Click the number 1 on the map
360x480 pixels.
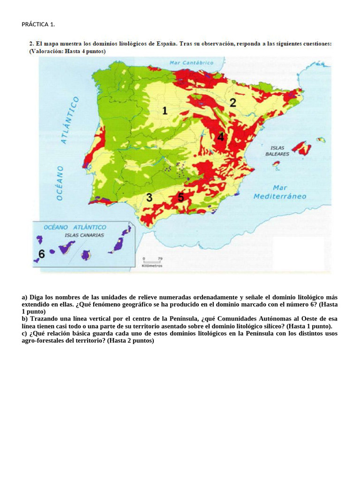pyautogui.click(x=165, y=111)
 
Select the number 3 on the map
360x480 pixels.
pyautogui.click(x=149, y=198)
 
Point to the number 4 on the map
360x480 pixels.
pyautogui.click(x=220, y=137)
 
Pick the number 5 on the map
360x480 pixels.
pyautogui.click(x=180, y=197)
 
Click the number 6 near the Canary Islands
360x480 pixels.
pyautogui.click(x=41, y=254)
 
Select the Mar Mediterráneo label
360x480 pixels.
pyautogui.click(x=279, y=192)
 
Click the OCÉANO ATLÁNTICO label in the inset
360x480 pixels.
pyautogui.click(x=75, y=227)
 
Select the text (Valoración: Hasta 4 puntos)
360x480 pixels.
pyautogui.click(x=67, y=51)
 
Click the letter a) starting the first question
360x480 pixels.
pyautogui.click(x=25, y=298)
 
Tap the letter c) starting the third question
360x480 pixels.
pyautogui.click(x=25, y=334)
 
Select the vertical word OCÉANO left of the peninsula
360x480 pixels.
pyautogui.click(x=60, y=183)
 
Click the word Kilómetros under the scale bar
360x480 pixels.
pyautogui.click(x=151, y=266)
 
